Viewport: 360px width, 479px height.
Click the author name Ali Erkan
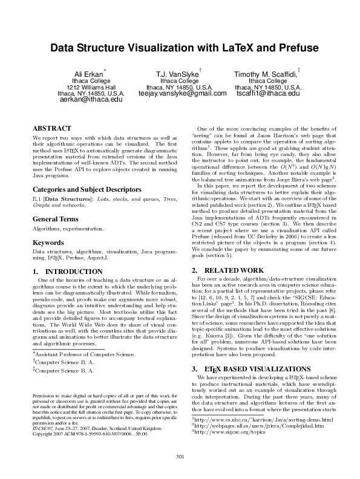pos(88,73)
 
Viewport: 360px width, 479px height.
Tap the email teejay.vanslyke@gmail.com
pos(182,94)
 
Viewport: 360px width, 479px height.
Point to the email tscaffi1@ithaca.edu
pos(267,94)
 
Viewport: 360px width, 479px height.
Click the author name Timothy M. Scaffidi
pos(266,74)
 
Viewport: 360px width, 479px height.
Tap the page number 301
pos(180,456)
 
